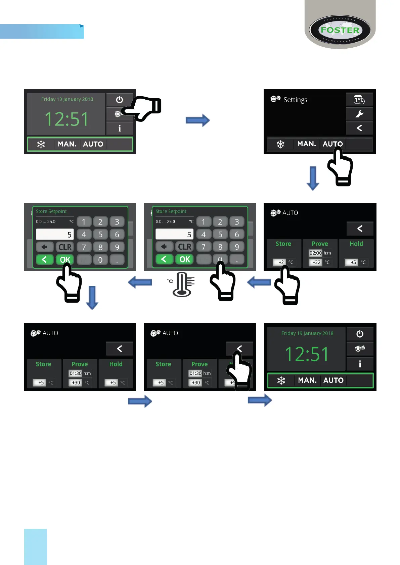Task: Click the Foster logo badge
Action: pos(340,30)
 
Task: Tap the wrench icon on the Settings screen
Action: pos(359,114)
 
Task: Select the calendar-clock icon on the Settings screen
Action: pos(359,100)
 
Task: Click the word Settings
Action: pos(295,100)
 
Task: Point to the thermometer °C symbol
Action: pos(181,284)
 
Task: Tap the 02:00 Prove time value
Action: pos(315,253)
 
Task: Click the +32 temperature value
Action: pos(316,262)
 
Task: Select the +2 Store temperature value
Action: pos(281,262)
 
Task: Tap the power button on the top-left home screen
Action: pos(120,100)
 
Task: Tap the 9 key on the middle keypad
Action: pos(237,247)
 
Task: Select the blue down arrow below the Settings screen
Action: pos(313,178)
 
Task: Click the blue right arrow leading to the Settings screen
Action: pos(197,120)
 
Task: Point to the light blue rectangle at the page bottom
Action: pos(36,547)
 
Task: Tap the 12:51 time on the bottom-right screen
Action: pos(307,354)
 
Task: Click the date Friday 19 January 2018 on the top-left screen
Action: pos(67,99)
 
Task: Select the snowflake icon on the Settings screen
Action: pos(280,144)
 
